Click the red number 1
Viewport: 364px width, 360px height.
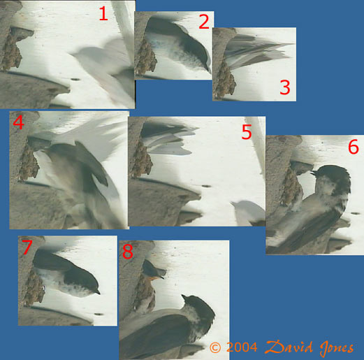[103, 13]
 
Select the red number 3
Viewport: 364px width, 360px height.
[285, 87]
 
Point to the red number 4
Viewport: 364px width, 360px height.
[19, 123]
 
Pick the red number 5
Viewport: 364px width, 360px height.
[247, 132]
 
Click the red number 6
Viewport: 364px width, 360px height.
[354, 147]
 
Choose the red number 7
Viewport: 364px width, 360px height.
[27, 247]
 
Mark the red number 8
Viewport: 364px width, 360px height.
[128, 252]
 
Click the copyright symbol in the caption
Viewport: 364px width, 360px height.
[215, 347]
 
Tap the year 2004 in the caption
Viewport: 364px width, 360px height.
[242, 347]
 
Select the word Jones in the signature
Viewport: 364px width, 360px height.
[337, 349]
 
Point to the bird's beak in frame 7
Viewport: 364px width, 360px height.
[98, 292]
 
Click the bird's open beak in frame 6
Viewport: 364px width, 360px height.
[314, 173]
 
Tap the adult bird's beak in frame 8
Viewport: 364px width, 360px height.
[184, 297]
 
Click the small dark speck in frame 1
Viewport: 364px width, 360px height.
[75, 80]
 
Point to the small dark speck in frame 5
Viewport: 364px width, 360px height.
[206, 186]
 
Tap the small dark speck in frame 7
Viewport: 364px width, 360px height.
[99, 314]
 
